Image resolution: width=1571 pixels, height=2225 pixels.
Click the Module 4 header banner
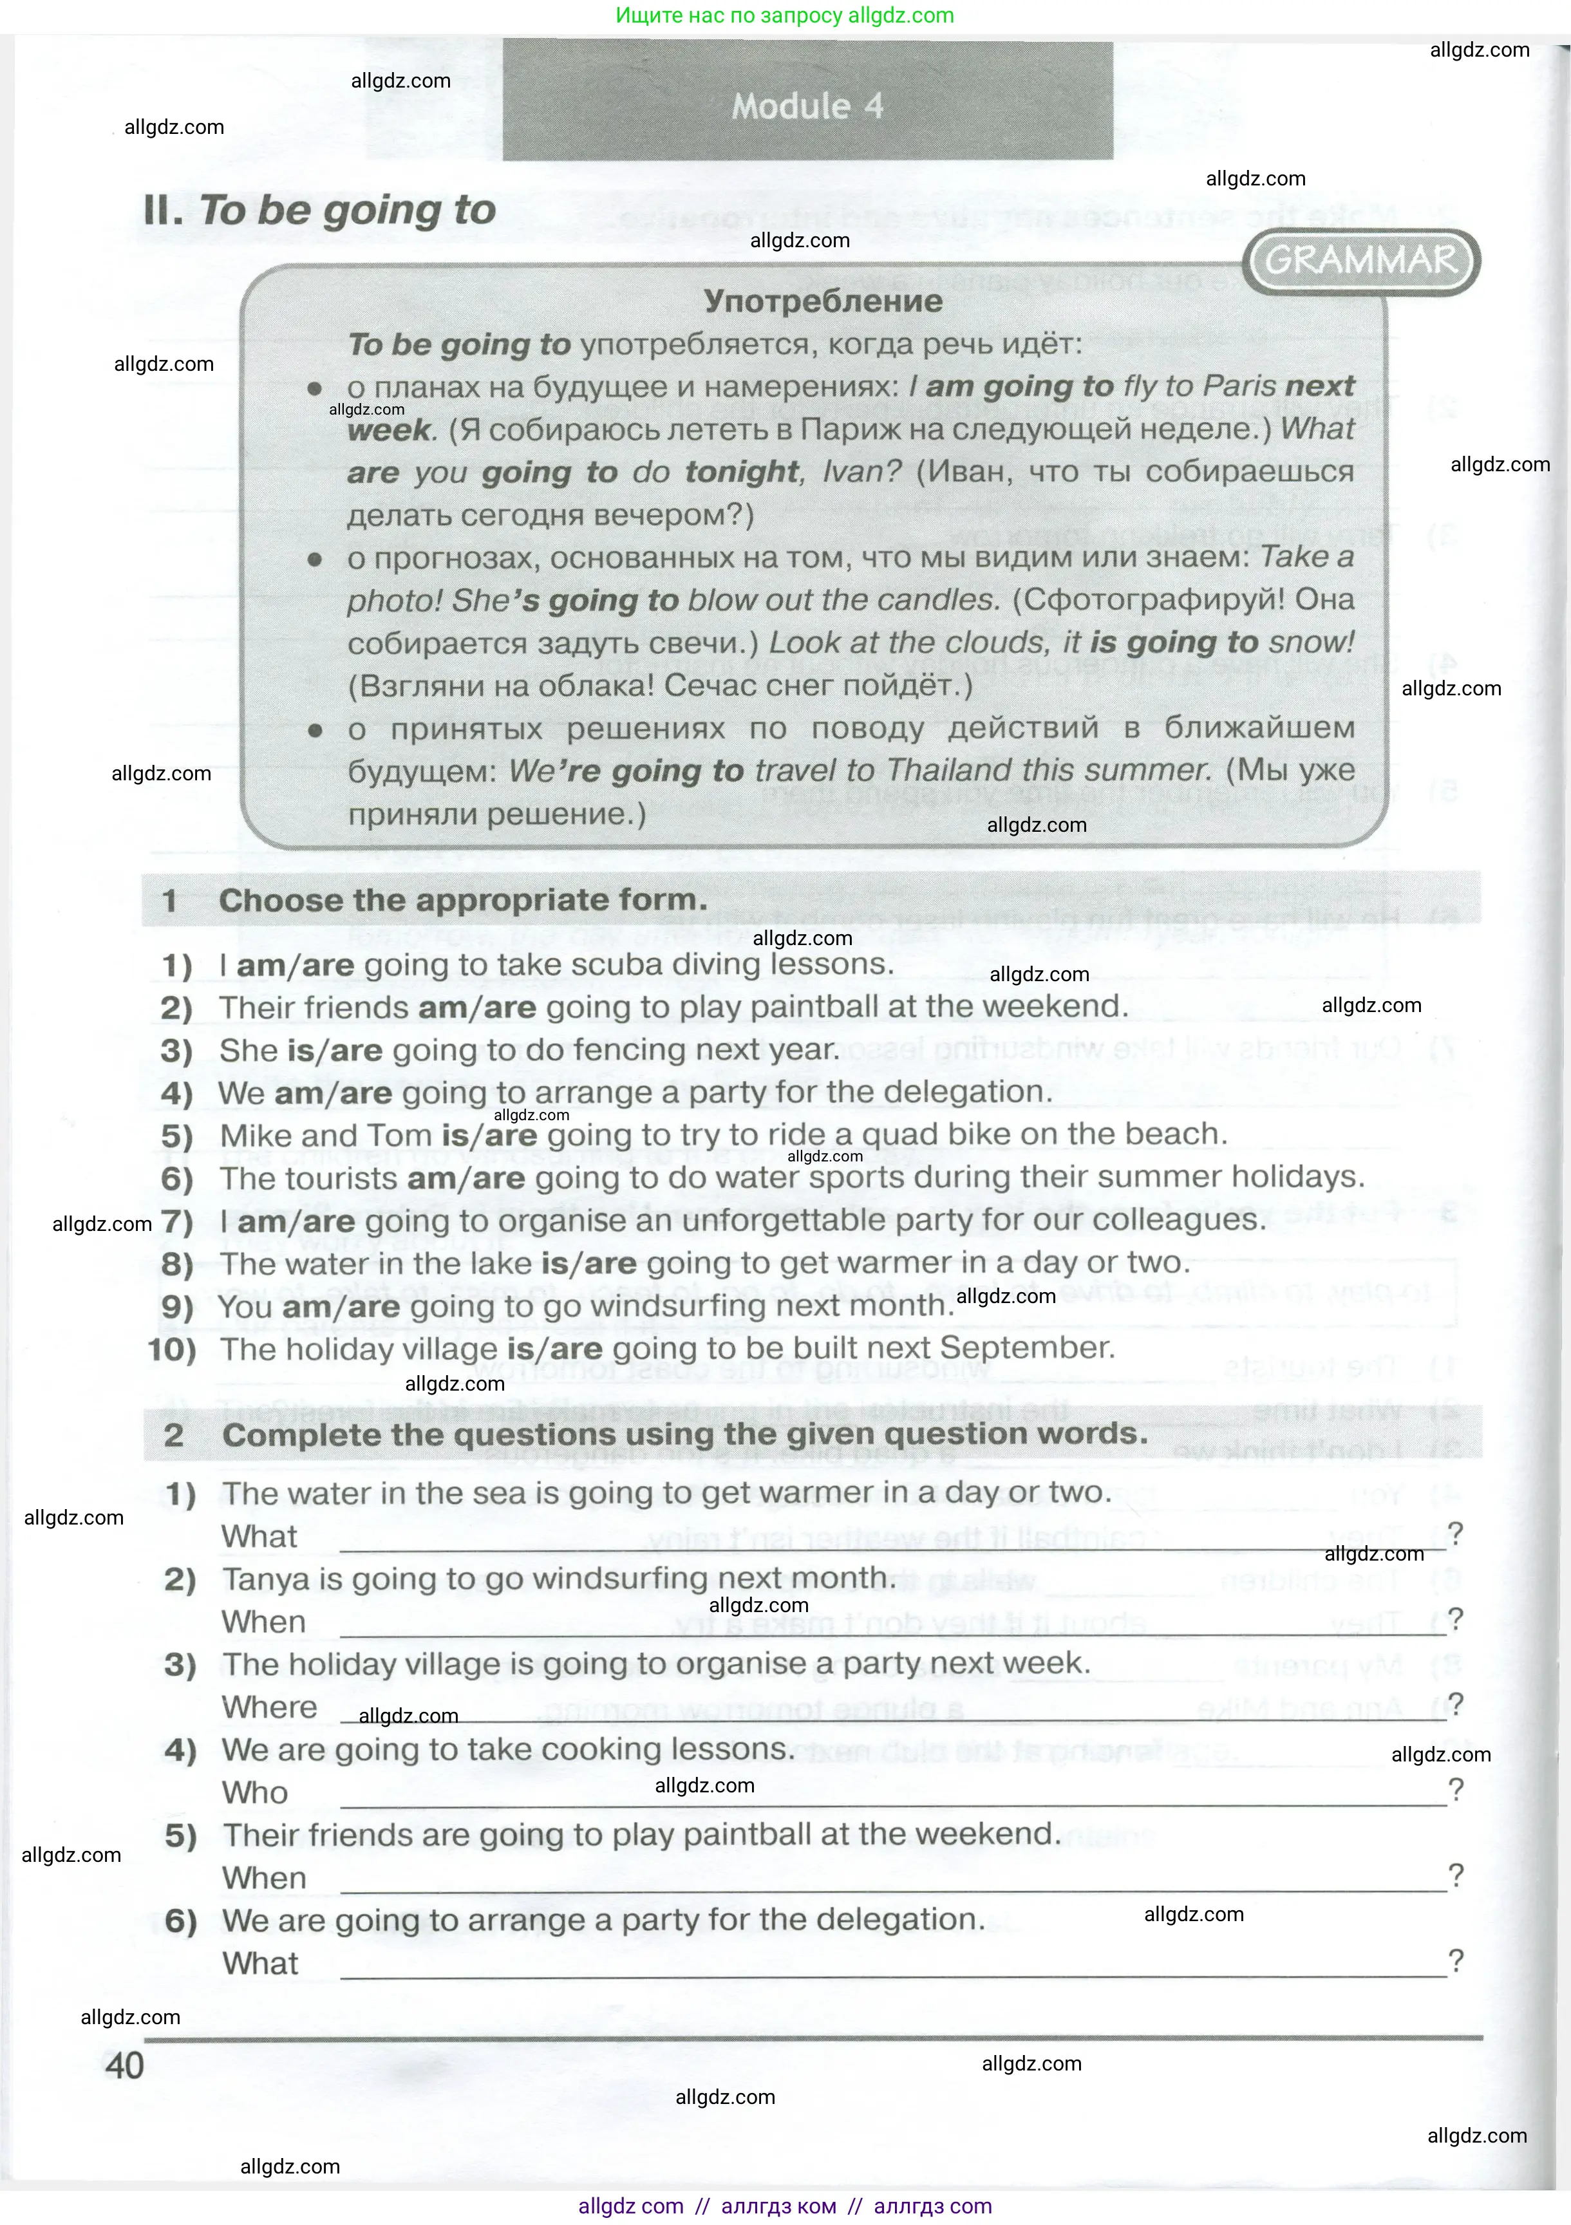(807, 105)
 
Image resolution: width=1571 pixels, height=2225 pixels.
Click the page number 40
(124, 2065)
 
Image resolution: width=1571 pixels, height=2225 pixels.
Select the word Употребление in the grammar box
(823, 301)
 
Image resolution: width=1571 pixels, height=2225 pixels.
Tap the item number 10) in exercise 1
(171, 1349)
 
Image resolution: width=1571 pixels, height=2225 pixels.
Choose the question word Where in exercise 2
(269, 1707)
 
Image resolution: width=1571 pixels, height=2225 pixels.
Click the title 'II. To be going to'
(320, 211)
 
